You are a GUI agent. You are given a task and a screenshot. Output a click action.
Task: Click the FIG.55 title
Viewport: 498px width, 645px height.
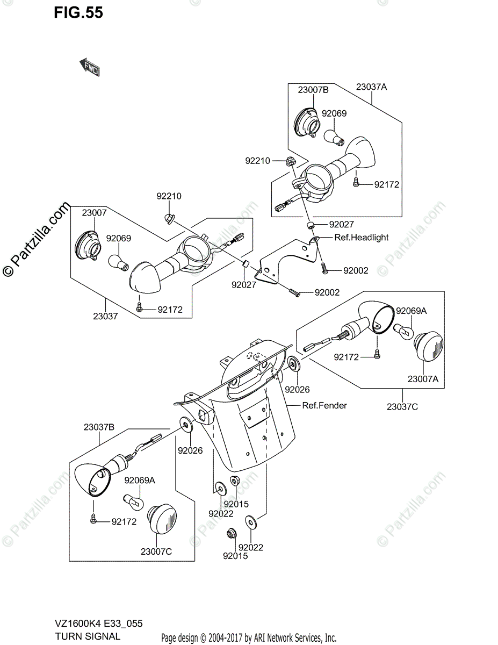[78, 12]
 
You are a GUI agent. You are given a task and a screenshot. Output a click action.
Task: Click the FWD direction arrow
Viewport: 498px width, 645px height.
[90, 67]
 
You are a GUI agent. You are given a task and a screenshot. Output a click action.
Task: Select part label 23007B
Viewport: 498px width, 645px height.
[313, 90]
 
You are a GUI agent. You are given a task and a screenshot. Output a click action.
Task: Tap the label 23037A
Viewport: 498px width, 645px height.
[371, 86]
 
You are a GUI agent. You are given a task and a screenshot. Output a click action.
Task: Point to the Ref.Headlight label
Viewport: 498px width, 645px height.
[361, 238]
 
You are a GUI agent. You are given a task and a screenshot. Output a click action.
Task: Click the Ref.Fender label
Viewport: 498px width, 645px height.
[324, 405]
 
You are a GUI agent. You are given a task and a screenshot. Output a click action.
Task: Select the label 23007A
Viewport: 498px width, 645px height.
[423, 378]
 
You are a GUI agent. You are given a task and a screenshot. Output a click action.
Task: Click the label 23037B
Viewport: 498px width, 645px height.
[99, 428]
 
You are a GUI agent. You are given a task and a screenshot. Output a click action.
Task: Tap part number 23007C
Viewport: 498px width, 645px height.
[156, 551]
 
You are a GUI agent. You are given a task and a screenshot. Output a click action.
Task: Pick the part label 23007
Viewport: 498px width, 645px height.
[94, 213]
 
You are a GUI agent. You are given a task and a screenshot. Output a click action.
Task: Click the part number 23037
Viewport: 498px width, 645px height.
[105, 317]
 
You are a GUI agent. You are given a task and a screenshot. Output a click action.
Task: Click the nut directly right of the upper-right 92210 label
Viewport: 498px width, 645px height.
[290, 161]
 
